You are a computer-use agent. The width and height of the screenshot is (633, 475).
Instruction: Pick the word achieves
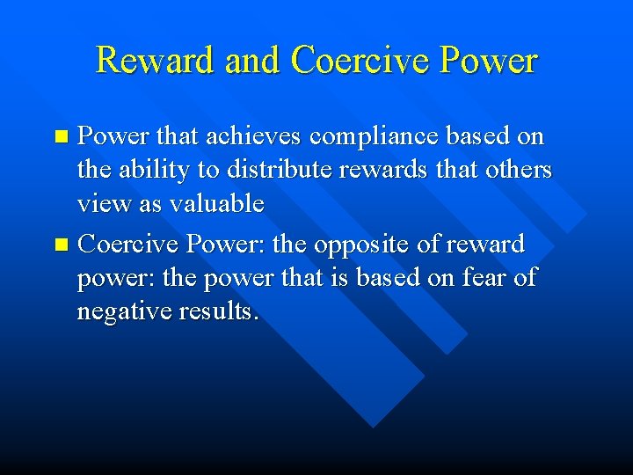pos(255,136)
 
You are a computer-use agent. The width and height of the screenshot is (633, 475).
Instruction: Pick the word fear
pos(483,278)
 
